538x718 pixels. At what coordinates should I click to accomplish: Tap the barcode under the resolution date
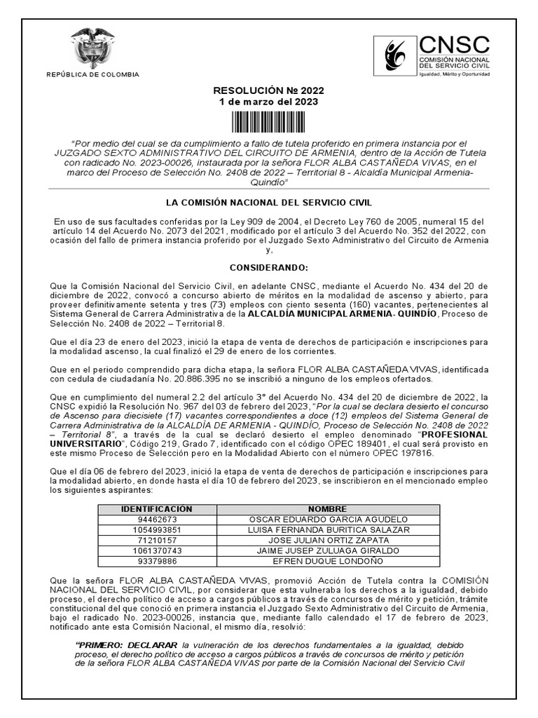coord(269,122)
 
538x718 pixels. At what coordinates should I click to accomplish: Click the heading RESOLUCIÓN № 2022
coord(269,91)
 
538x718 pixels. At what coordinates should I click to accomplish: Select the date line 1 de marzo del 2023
coord(269,102)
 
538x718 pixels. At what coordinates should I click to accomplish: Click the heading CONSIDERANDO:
coord(269,268)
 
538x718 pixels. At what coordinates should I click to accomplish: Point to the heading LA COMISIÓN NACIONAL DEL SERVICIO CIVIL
coord(269,203)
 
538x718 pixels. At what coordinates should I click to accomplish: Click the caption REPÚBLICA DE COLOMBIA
coord(92,75)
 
